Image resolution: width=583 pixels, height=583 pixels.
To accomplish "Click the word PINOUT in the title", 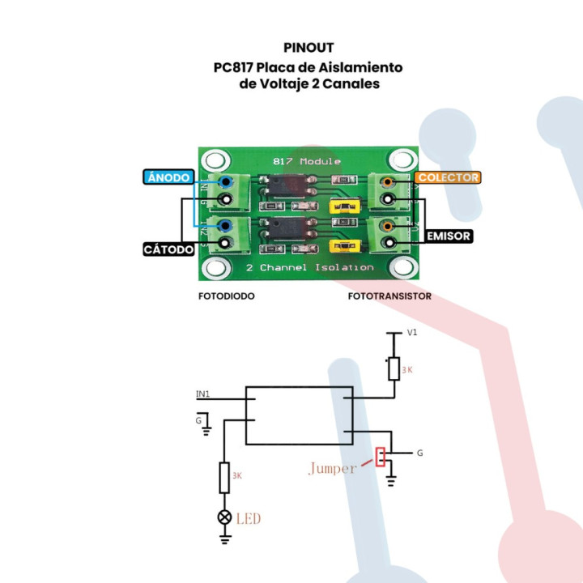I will pos(309,48).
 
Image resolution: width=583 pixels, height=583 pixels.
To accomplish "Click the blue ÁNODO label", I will pos(168,177).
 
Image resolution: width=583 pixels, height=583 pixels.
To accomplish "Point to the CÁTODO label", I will pos(168,249).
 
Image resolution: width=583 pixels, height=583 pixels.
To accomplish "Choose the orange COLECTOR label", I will pos(448,177).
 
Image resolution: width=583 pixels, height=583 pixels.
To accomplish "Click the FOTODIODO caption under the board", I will pos(227,296).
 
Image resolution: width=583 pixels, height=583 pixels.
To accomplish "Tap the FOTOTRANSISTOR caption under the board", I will pos(389,296).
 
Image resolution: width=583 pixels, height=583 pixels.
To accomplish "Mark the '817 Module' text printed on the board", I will pos(308,161).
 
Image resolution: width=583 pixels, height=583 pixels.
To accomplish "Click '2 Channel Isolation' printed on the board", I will pos(309,267).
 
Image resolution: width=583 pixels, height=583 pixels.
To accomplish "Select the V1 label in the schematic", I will pos(412,333).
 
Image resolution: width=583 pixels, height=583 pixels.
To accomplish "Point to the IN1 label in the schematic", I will pos(203,394).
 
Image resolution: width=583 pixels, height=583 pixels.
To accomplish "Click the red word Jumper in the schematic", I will pos(332,468).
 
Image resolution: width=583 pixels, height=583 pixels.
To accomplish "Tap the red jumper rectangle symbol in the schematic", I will pos(380,456).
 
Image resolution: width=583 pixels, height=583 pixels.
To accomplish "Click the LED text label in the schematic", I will pos(249,518).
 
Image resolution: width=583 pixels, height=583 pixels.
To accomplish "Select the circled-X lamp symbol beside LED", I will pos(224,517).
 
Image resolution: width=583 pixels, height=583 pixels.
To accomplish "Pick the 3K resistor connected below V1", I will pos(394,368).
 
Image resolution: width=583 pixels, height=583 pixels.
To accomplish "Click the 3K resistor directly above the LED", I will pos(224,477).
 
